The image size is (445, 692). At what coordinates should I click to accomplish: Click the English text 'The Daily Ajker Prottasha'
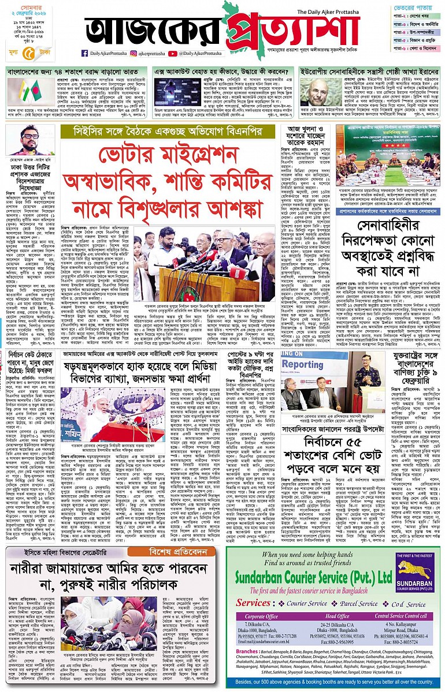coord(333,12)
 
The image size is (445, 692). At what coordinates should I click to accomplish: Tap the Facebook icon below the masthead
coord(85,53)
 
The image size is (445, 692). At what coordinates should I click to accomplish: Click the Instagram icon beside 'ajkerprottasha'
coord(132,53)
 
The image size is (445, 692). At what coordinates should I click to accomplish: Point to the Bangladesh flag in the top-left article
coord(19,92)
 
